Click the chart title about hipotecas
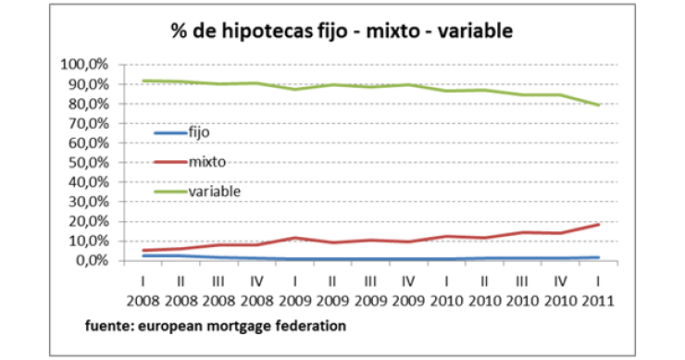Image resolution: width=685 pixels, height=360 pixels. (342, 31)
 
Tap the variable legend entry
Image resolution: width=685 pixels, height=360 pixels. (214, 191)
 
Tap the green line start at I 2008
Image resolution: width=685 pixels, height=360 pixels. (143, 81)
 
